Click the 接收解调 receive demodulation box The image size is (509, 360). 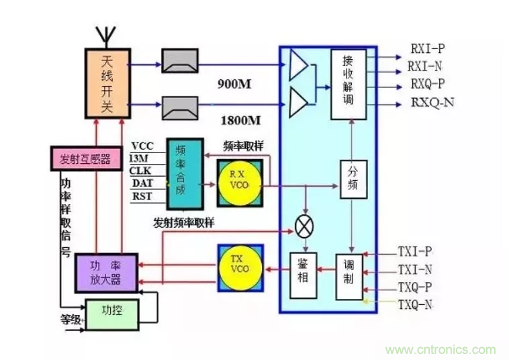pyautogui.click(x=349, y=85)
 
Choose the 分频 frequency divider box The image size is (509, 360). pyautogui.click(x=353, y=179)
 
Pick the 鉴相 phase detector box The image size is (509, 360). pyautogui.click(x=303, y=275)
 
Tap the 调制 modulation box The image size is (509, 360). pyautogui.click(x=348, y=275)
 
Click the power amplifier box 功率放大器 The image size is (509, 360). pyautogui.click(x=105, y=271)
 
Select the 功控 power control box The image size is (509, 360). pyautogui.click(x=111, y=311)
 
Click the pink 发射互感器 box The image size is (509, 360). pyautogui.click(x=85, y=159)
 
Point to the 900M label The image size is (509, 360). pyautogui.click(x=235, y=85)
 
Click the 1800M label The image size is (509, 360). pyautogui.click(x=240, y=121)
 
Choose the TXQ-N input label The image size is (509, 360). pyautogui.click(x=415, y=304)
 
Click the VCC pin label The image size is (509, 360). pyautogui.click(x=142, y=146)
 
